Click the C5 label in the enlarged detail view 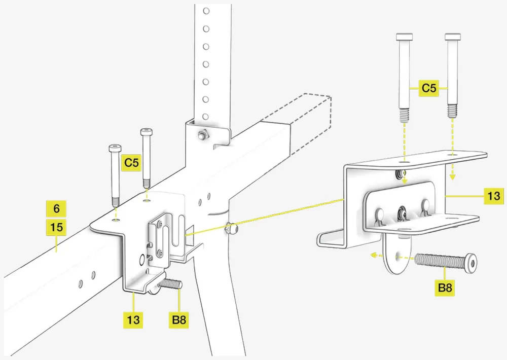coord(429,88)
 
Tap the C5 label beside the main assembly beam coord(131,163)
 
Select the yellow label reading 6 coord(56,208)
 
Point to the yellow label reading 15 coord(56,227)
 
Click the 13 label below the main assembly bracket coord(133,320)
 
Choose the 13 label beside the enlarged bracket coord(493,195)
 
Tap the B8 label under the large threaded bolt coord(445,289)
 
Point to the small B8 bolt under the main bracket coord(171,284)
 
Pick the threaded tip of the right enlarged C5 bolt coord(452,113)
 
